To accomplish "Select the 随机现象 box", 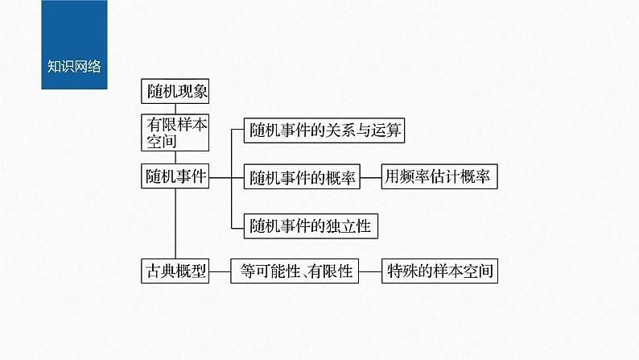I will [x=175, y=92].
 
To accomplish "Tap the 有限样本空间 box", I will [x=175, y=133].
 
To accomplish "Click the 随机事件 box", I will [x=175, y=176].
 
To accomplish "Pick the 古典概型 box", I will [x=175, y=271].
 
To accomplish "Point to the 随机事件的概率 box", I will [x=301, y=177].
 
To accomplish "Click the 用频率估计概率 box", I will [x=439, y=177].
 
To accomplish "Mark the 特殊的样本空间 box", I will [x=439, y=271].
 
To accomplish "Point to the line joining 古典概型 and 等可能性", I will [x=220, y=271].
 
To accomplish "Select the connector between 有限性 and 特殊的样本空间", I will [x=369, y=271].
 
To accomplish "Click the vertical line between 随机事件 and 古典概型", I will [x=175, y=226].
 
